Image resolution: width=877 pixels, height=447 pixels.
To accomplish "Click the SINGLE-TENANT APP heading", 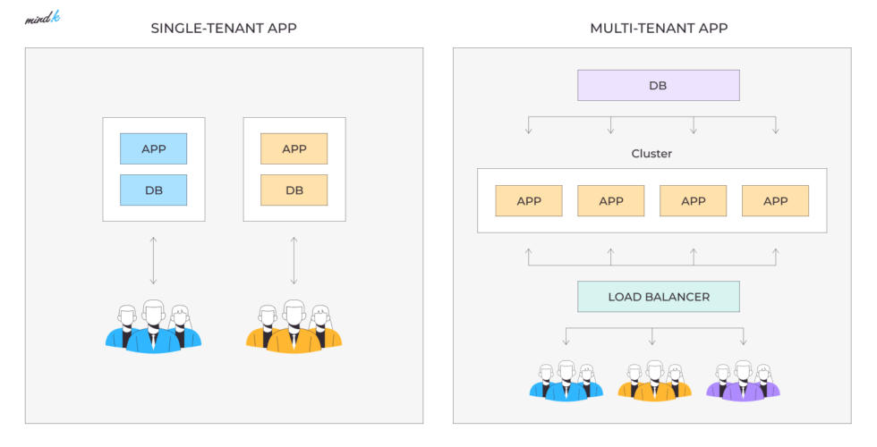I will (x=224, y=28).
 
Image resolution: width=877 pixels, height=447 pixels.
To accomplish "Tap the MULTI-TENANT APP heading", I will (x=659, y=28).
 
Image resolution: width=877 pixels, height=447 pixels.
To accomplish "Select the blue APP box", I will (x=154, y=148).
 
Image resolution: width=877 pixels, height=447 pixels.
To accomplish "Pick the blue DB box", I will (x=154, y=190).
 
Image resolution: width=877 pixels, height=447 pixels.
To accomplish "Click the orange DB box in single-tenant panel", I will (x=294, y=190).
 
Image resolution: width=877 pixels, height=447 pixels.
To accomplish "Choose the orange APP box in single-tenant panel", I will (x=294, y=148).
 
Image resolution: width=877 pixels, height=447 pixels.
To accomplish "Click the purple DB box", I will (x=659, y=86).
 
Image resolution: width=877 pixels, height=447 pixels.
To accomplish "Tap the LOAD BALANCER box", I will (x=659, y=297).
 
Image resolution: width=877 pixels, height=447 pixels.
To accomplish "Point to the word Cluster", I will (x=651, y=154).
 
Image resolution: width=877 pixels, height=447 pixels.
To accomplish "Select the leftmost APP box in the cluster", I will (x=529, y=201).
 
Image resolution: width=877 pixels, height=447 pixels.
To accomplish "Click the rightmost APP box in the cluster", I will (x=775, y=201).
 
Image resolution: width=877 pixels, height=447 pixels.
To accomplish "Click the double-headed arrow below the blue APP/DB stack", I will (x=153, y=260).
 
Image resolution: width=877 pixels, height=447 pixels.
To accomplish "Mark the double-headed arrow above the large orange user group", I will (x=294, y=260).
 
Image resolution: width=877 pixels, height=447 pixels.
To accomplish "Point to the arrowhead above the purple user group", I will (x=743, y=342).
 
